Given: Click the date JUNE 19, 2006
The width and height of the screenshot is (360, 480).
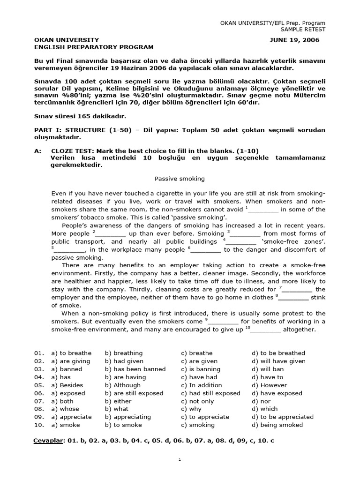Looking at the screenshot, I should [x=294, y=40].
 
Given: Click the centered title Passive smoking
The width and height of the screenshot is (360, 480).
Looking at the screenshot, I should [x=180, y=179].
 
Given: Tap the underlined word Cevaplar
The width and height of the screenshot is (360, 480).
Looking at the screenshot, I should [x=48, y=441].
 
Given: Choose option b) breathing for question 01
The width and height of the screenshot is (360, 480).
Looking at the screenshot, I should [x=124, y=353].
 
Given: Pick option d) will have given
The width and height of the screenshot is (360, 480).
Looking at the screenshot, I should [x=278, y=361].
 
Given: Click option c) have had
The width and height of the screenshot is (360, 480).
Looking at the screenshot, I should [x=199, y=377].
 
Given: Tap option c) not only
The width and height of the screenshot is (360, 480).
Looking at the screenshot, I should [x=197, y=401].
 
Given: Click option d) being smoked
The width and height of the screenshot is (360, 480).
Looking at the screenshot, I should [x=277, y=425].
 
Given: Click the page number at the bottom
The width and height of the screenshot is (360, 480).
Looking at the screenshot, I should [x=180, y=460].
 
